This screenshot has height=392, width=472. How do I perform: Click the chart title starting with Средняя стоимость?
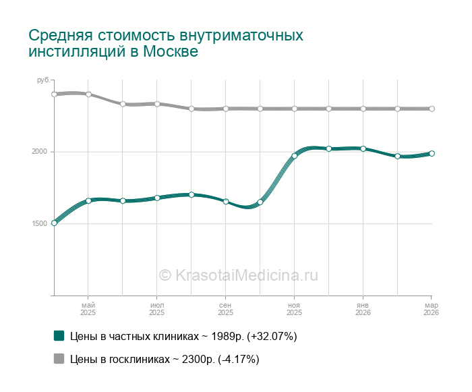(165, 43)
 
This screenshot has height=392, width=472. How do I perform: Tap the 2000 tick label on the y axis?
(38, 152)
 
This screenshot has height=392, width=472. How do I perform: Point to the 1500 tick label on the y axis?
(38, 224)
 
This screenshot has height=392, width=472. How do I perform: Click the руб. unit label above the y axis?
(43, 80)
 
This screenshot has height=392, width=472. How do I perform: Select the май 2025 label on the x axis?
(88, 309)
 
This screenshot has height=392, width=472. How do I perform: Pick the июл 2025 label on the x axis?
(156, 309)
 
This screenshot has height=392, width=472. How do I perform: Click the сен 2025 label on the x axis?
(225, 309)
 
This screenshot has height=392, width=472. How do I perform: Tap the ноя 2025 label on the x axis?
(294, 309)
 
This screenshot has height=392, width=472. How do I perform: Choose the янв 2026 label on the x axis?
(363, 309)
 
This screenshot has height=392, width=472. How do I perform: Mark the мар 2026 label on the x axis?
(431, 309)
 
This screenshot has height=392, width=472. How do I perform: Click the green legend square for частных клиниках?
(59, 336)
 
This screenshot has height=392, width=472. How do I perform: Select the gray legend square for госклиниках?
(59, 359)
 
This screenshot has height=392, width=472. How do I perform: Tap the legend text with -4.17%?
(165, 359)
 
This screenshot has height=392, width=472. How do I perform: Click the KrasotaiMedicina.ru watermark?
(238, 275)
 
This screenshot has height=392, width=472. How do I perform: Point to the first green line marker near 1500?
(54, 223)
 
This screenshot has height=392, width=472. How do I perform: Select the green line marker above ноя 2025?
(294, 156)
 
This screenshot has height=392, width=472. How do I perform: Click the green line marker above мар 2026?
(432, 153)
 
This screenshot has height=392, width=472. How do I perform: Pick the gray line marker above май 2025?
(88, 94)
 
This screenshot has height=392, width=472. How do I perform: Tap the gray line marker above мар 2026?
(432, 109)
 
